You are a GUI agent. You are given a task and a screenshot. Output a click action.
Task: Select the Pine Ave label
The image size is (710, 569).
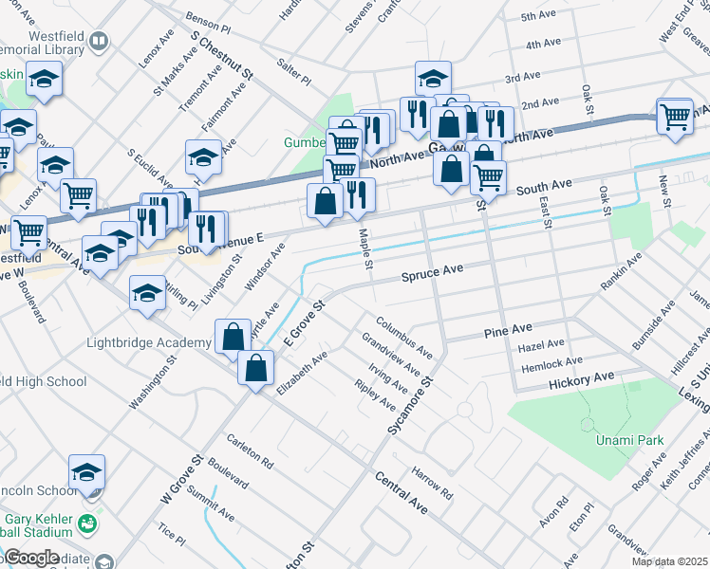(508, 330)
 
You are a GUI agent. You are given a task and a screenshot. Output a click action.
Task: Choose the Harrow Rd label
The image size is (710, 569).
(431, 483)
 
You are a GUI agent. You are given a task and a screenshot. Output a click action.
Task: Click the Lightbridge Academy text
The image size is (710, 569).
(148, 342)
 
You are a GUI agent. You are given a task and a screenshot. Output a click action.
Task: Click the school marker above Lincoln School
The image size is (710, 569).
(86, 471)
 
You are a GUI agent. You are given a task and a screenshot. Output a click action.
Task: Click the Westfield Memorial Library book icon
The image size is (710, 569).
(99, 41)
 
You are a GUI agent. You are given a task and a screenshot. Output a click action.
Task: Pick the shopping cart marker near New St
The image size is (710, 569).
(675, 117)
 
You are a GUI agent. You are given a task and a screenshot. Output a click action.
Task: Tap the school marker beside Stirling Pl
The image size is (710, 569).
(147, 294)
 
